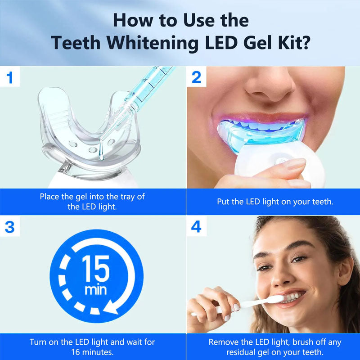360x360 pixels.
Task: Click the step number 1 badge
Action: (10, 77)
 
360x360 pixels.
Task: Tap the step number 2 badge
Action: (196, 77)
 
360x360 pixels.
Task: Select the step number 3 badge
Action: (10, 226)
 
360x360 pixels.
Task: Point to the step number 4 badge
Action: (196, 226)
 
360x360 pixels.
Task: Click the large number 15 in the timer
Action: (96, 269)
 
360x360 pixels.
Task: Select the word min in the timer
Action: (96, 290)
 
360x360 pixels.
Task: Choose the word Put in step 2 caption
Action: (224, 202)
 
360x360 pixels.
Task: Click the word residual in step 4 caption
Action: (242, 352)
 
